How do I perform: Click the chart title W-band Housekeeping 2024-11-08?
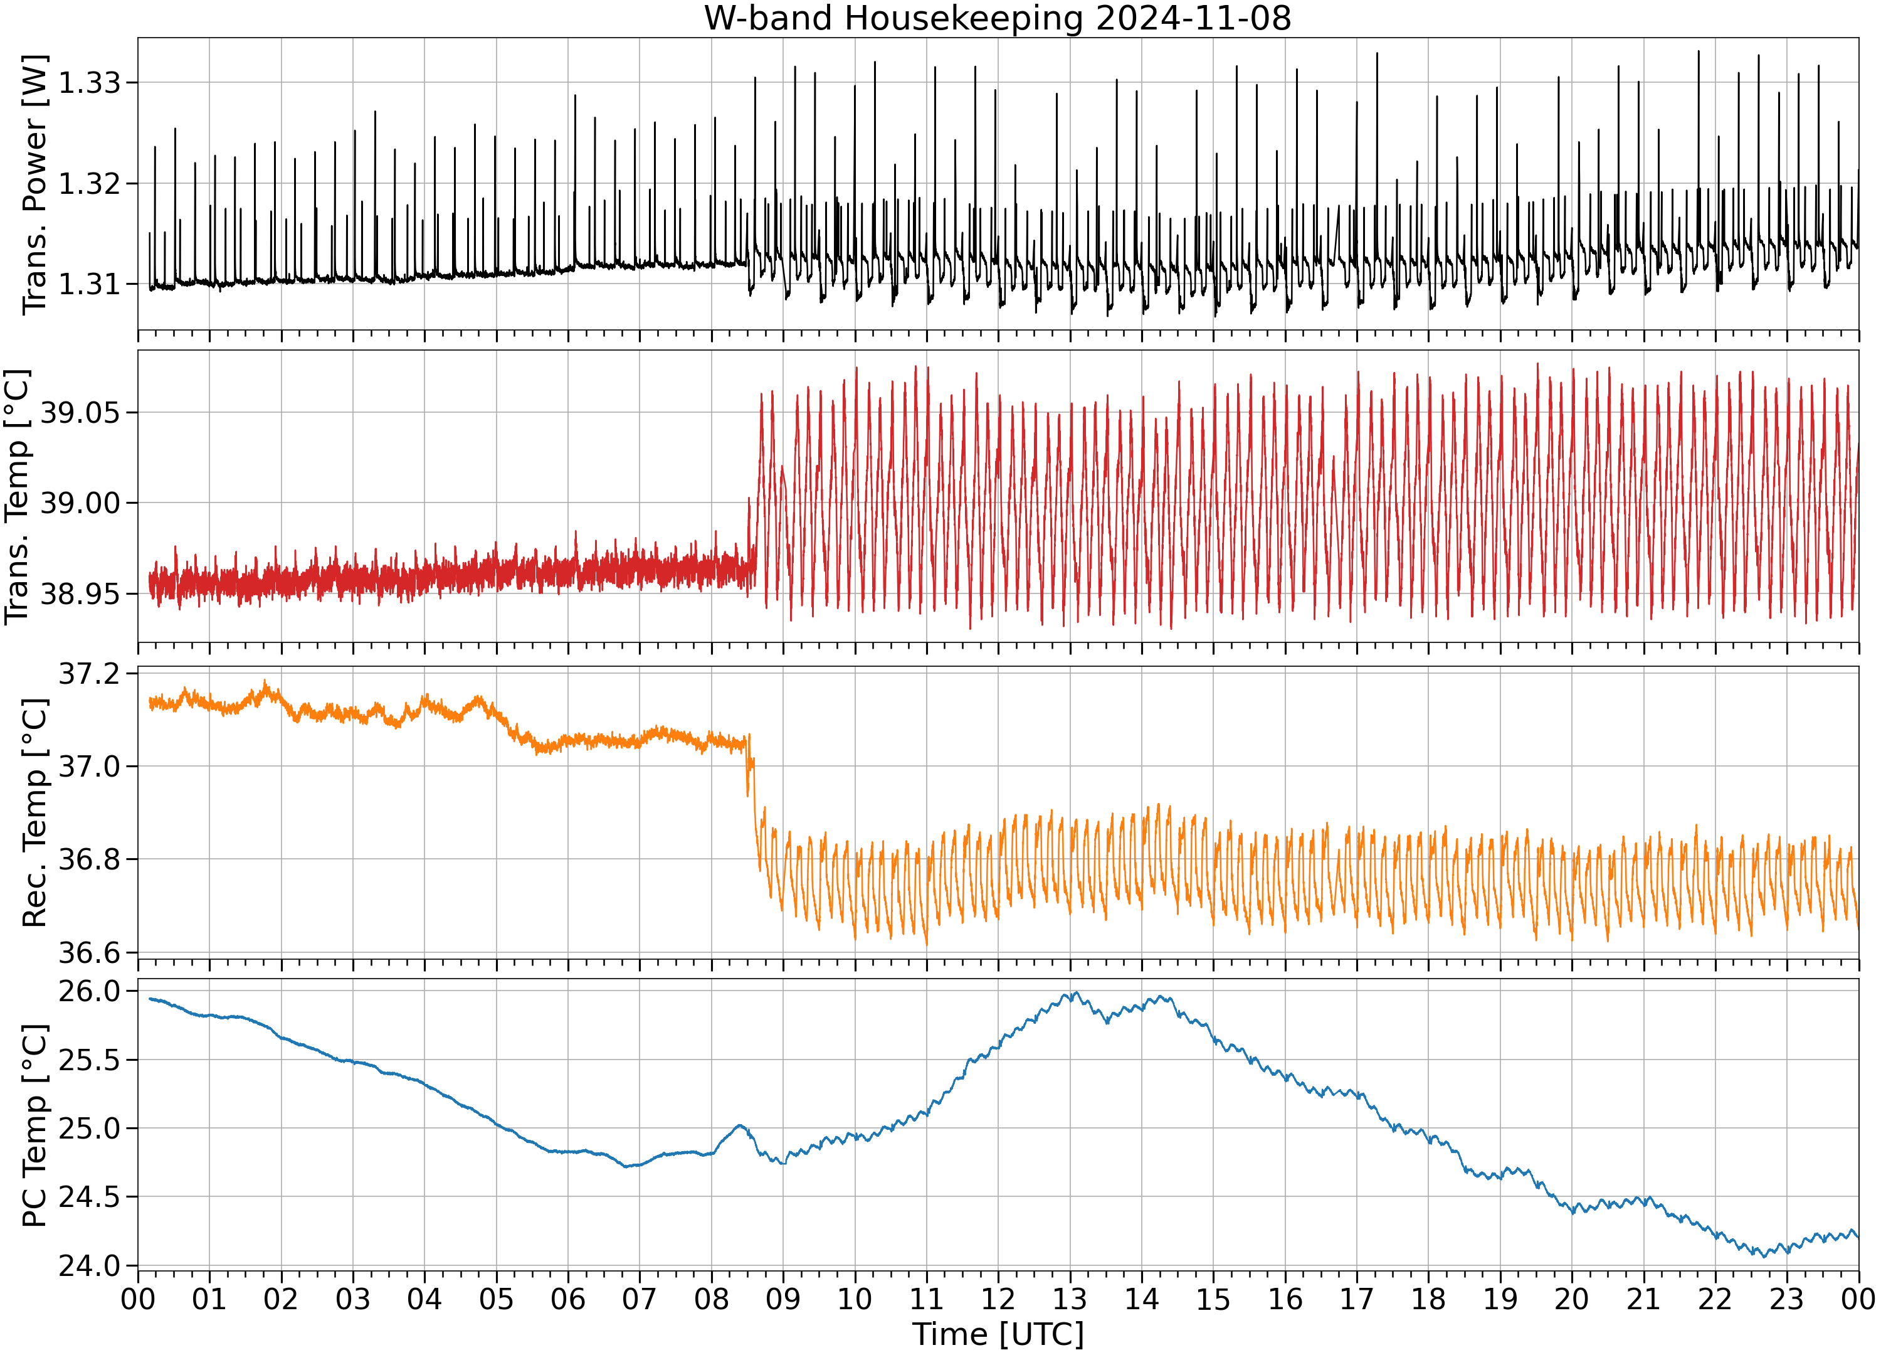(x=998, y=18)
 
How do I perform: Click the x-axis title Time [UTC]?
(x=998, y=1334)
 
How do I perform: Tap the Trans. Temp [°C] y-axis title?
(x=18, y=496)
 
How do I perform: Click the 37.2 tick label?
(x=89, y=674)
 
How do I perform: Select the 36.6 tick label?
(x=89, y=952)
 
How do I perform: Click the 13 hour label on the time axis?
(x=1070, y=1299)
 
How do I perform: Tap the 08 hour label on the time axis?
(x=712, y=1299)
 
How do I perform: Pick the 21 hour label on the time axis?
(x=1643, y=1299)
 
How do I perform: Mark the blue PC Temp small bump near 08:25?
(x=740, y=1127)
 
